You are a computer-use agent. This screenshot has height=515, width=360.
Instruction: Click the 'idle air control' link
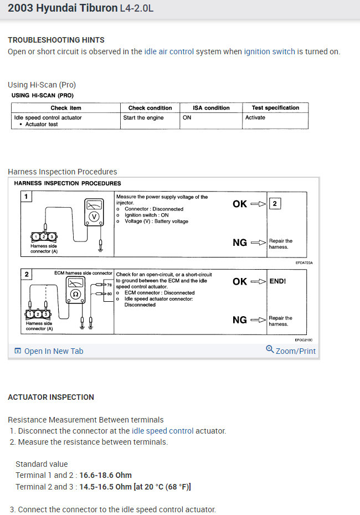pos(169,51)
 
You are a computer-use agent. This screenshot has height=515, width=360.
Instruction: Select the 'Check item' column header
pos(66,108)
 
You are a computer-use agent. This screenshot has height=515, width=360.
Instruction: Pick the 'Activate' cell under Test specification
pos(255,117)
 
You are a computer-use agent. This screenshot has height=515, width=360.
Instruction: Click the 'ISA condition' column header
pos(211,108)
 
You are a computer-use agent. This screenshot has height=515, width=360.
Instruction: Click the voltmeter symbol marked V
pos(94,215)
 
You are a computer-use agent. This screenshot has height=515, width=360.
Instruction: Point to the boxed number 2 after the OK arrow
pos(274,204)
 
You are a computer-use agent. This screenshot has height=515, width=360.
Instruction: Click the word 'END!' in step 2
pos(277,281)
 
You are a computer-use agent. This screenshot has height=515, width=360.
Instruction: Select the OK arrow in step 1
pos(258,204)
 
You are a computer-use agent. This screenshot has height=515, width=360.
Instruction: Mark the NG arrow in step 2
pos(258,320)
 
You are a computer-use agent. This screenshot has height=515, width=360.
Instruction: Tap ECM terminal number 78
pos(109,285)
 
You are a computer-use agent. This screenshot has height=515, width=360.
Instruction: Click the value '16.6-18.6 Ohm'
pos(105,475)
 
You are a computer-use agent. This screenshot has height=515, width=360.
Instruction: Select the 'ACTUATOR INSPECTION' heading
pos(51,397)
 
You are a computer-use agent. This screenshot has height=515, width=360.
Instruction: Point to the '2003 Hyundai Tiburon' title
pos(63,8)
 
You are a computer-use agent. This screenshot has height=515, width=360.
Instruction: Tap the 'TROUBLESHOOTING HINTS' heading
pos(56,40)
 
